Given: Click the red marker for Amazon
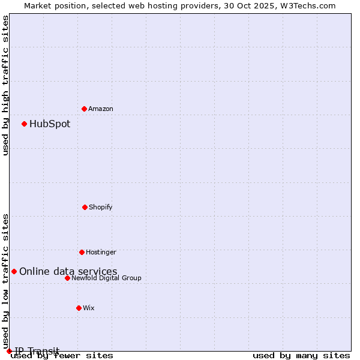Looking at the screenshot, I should pos(84,109).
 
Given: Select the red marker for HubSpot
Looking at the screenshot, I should pos(24,124).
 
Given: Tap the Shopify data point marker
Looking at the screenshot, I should pos(85,207).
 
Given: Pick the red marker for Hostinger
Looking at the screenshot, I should pos(82,252).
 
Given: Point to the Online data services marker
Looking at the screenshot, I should pos(14,271).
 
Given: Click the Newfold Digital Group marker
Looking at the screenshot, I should pos(67,278).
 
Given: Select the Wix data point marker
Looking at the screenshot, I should pos(79,308).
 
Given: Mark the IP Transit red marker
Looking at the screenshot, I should pos(9,351).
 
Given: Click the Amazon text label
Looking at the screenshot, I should pos(101,109).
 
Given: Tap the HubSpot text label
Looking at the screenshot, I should pos(50,124).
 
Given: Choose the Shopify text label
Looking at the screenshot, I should pos(101,207).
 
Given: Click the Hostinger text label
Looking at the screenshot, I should pos(101,252).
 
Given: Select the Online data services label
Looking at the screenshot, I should pos(68,272).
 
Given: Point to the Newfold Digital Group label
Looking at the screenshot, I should pos(106,278).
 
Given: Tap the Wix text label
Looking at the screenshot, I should pos(89,308).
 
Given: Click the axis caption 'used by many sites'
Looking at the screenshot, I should pos(301,356).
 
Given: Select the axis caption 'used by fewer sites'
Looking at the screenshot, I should pos(62,356).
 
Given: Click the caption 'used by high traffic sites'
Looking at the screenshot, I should pos(6,85).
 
